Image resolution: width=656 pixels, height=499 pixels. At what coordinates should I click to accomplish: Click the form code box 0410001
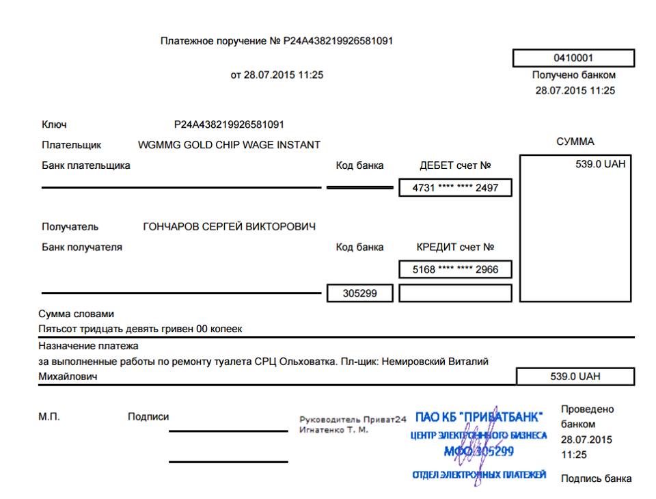click(x=573, y=58)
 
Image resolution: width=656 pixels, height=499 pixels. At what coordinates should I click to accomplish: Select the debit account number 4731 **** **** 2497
click(x=455, y=188)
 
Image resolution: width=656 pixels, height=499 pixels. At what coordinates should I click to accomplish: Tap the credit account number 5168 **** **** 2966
click(x=455, y=269)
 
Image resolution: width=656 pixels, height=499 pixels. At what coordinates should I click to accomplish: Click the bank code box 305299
click(x=359, y=293)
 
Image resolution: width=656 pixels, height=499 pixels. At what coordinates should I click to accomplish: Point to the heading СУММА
click(x=575, y=141)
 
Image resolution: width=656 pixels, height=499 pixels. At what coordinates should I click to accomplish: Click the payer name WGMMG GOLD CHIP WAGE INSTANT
click(x=229, y=145)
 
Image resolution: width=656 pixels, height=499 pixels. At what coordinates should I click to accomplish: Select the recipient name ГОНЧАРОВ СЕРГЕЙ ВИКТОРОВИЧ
click(x=229, y=227)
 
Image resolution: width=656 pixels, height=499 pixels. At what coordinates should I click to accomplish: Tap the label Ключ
click(x=54, y=124)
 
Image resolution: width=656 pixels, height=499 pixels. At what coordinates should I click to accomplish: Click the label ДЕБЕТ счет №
click(x=455, y=165)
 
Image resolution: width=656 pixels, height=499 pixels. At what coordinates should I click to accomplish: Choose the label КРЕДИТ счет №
click(x=455, y=247)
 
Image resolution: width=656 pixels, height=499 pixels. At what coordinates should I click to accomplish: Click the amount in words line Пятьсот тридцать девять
click(x=140, y=329)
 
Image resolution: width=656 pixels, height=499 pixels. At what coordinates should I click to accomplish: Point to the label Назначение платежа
click(x=88, y=346)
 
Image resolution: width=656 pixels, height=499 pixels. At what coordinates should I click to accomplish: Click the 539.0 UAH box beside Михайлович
click(x=575, y=377)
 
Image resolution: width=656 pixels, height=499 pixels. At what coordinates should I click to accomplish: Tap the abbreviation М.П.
click(x=49, y=416)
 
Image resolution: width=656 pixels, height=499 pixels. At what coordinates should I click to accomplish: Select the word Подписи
click(x=148, y=416)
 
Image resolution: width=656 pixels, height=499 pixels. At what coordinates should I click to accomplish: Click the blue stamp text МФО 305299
click(x=479, y=451)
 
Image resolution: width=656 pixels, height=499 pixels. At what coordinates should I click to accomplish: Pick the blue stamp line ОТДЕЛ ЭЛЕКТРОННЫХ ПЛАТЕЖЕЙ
click(x=478, y=475)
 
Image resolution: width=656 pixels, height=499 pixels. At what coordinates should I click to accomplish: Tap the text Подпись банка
click(x=596, y=478)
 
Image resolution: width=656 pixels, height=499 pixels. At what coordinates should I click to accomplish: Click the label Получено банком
click(x=573, y=75)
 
